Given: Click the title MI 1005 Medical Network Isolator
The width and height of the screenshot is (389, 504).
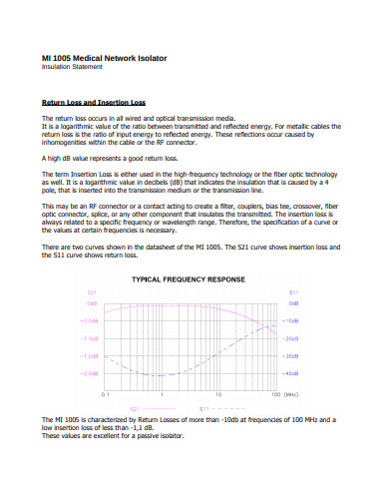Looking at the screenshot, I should pyautogui.click(x=104, y=58).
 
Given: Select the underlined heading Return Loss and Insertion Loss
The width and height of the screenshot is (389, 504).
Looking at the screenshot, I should pyautogui.click(x=93, y=102).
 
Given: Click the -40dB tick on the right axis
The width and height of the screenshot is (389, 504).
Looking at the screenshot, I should pyautogui.click(x=292, y=372).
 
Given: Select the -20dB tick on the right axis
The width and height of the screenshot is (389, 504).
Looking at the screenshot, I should pyautogui.click(x=292, y=338).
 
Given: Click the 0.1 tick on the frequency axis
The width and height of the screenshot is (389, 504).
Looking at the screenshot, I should pyautogui.click(x=107, y=394).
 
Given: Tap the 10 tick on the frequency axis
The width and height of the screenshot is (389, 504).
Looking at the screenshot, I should pyautogui.click(x=218, y=394).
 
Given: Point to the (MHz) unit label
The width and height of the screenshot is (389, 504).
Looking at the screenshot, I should pyautogui.click(x=289, y=394).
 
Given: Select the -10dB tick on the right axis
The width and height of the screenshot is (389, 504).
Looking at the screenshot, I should pyautogui.click(x=292, y=321).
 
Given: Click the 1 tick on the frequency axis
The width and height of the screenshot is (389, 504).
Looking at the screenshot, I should pyautogui.click(x=163, y=394).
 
